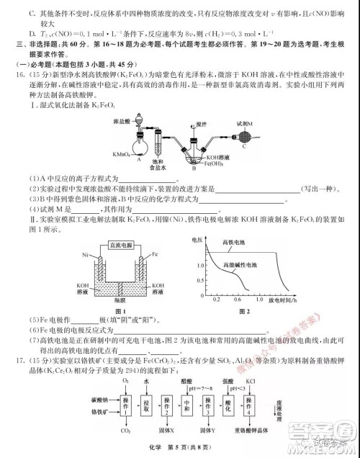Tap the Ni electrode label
coord(84,255)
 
